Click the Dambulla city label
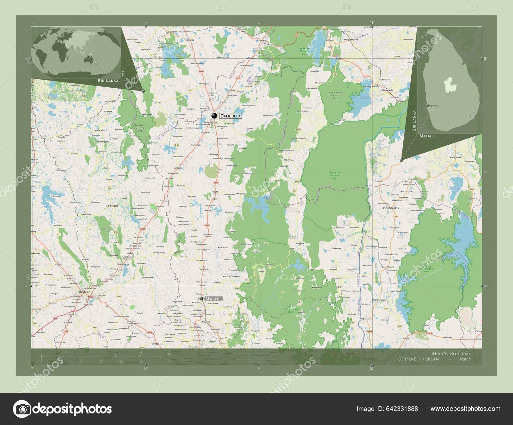(230, 116)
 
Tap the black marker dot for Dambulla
(214, 116)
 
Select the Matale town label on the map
(214, 299)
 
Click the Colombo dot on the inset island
(428, 105)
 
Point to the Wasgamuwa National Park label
(334, 174)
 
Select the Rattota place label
(227, 276)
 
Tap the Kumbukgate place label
(112, 205)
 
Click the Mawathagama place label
(122, 316)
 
